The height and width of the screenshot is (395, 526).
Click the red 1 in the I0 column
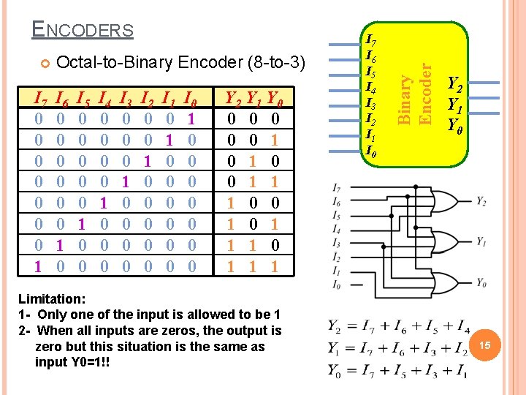[191, 118]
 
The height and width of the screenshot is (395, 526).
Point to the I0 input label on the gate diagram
[335, 284]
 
